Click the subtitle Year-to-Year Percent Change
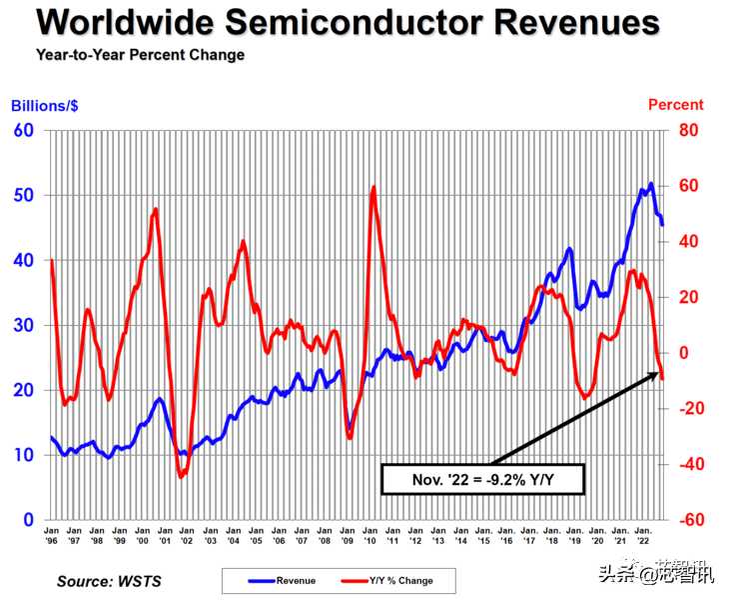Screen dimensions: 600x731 click(140, 55)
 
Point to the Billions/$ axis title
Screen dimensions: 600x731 click(45, 105)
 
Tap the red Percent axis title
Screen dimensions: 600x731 click(676, 105)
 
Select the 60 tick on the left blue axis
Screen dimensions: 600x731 click(23, 130)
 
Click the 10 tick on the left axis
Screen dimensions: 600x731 click(23, 455)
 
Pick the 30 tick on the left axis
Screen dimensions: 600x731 click(23, 325)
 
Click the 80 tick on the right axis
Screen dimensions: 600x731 click(689, 130)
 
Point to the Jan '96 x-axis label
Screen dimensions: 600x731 click(51, 535)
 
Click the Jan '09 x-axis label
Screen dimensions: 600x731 click(348, 535)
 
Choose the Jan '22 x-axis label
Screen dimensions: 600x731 click(644, 535)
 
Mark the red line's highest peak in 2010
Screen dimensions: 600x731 click(373, 187)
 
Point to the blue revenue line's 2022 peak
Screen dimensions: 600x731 click(651, 184)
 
